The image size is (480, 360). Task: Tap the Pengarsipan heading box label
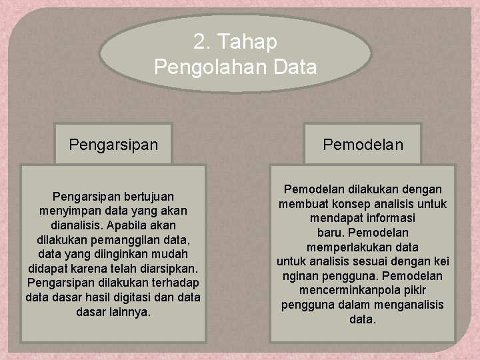tap(113, 144)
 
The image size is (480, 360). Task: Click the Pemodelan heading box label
tap(363, 144)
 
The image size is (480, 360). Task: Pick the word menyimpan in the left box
tap(68, 211)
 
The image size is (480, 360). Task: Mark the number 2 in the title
tap(199, 42)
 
